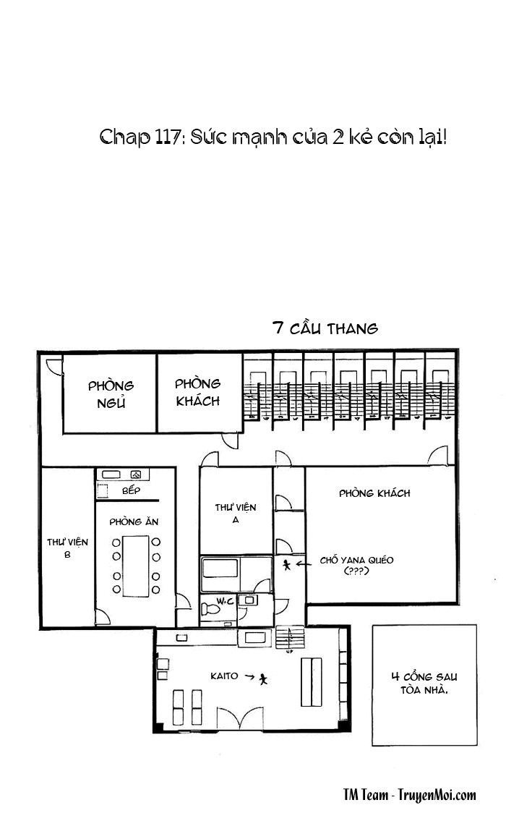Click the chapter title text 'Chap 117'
139,138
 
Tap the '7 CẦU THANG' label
325,328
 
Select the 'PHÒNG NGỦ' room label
111,394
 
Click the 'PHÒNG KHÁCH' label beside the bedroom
197,392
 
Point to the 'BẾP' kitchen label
131,490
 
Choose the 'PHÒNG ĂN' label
134,522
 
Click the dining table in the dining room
136,566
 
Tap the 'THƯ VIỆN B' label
67,548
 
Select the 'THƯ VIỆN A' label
236,513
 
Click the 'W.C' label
226,601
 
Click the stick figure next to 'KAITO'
264,678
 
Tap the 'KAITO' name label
224,676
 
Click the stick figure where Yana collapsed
286,564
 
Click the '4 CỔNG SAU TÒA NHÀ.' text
424,683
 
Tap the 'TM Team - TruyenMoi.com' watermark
409,795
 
